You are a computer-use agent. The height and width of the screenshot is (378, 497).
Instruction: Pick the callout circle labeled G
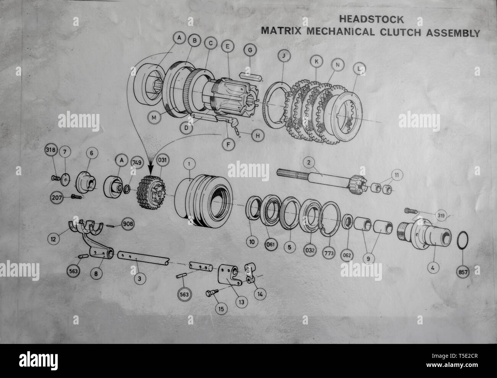coord(250,50)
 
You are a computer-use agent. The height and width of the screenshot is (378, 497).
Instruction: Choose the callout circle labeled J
coord(283,55)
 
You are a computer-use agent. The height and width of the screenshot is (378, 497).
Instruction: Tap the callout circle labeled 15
coord(220,307)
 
